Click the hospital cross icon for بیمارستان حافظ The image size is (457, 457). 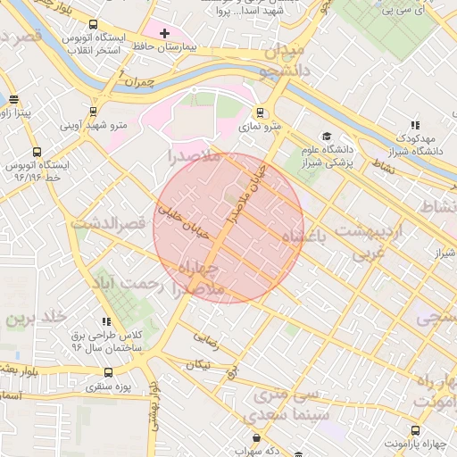(164, 33)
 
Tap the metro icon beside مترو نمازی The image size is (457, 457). (260, 113)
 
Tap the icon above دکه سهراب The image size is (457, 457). (257, 437)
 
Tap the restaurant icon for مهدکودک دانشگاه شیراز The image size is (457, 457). (413, 126)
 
